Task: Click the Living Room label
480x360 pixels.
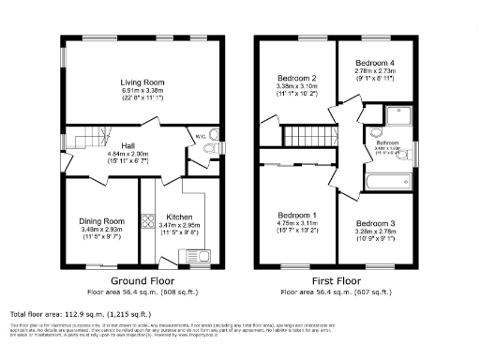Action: pyautogui.click(x=142, y=82)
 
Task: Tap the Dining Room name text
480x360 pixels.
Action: pyautogui.click(x=101, y=221)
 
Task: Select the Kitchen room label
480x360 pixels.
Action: pyautogui.click(x=179, y=217)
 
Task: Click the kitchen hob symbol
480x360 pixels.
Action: pyautogui.click(x=147, y=222)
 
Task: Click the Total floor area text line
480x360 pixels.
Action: pyautogui.click(x=81, y=314)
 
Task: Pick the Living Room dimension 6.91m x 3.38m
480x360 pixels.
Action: pyautogui.click(x=142, y=91)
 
